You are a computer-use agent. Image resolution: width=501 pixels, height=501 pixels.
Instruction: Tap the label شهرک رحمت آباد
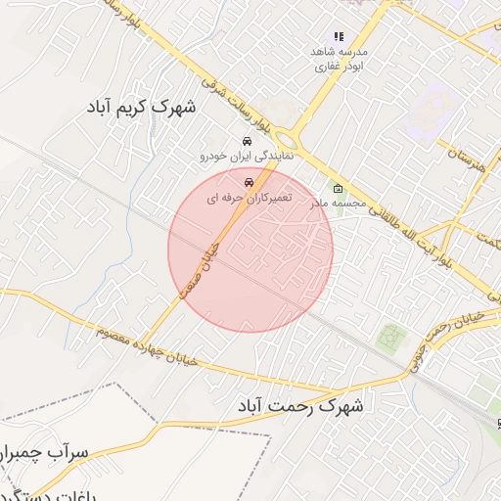299,404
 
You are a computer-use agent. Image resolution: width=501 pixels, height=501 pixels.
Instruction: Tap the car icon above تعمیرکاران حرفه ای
249,182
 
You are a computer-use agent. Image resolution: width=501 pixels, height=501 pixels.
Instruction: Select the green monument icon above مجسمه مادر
338,189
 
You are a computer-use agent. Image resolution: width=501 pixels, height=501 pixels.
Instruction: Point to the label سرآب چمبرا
46,453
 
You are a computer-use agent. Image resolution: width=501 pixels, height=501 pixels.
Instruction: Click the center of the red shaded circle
250,250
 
